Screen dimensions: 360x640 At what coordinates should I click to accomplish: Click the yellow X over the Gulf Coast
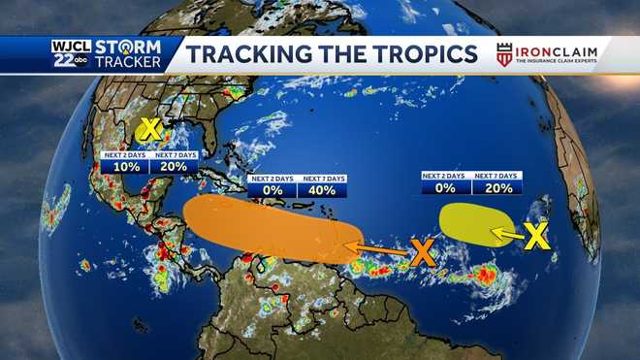point(149,130)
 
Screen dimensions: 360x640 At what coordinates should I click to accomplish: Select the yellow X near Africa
point(537,235)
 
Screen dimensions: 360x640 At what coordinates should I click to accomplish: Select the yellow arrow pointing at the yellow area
point(505,232)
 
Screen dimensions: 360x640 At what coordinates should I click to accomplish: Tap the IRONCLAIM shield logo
point(504,53)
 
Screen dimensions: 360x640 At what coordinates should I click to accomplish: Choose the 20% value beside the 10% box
point(176,166)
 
